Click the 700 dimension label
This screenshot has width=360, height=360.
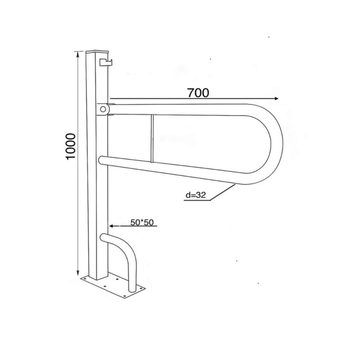click(199, 93)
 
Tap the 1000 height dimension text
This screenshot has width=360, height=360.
click(70, 146)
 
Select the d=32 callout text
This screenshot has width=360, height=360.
click(196, 195)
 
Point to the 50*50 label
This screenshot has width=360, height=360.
click(142, 222)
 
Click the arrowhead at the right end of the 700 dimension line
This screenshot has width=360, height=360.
click(277, 98)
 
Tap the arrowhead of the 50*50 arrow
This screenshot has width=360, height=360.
click(111, 226)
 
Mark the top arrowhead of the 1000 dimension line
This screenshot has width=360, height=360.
click(79, 54)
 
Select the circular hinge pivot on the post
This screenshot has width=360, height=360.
click(103, 109)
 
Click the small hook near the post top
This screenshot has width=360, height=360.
click(106, 62)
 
